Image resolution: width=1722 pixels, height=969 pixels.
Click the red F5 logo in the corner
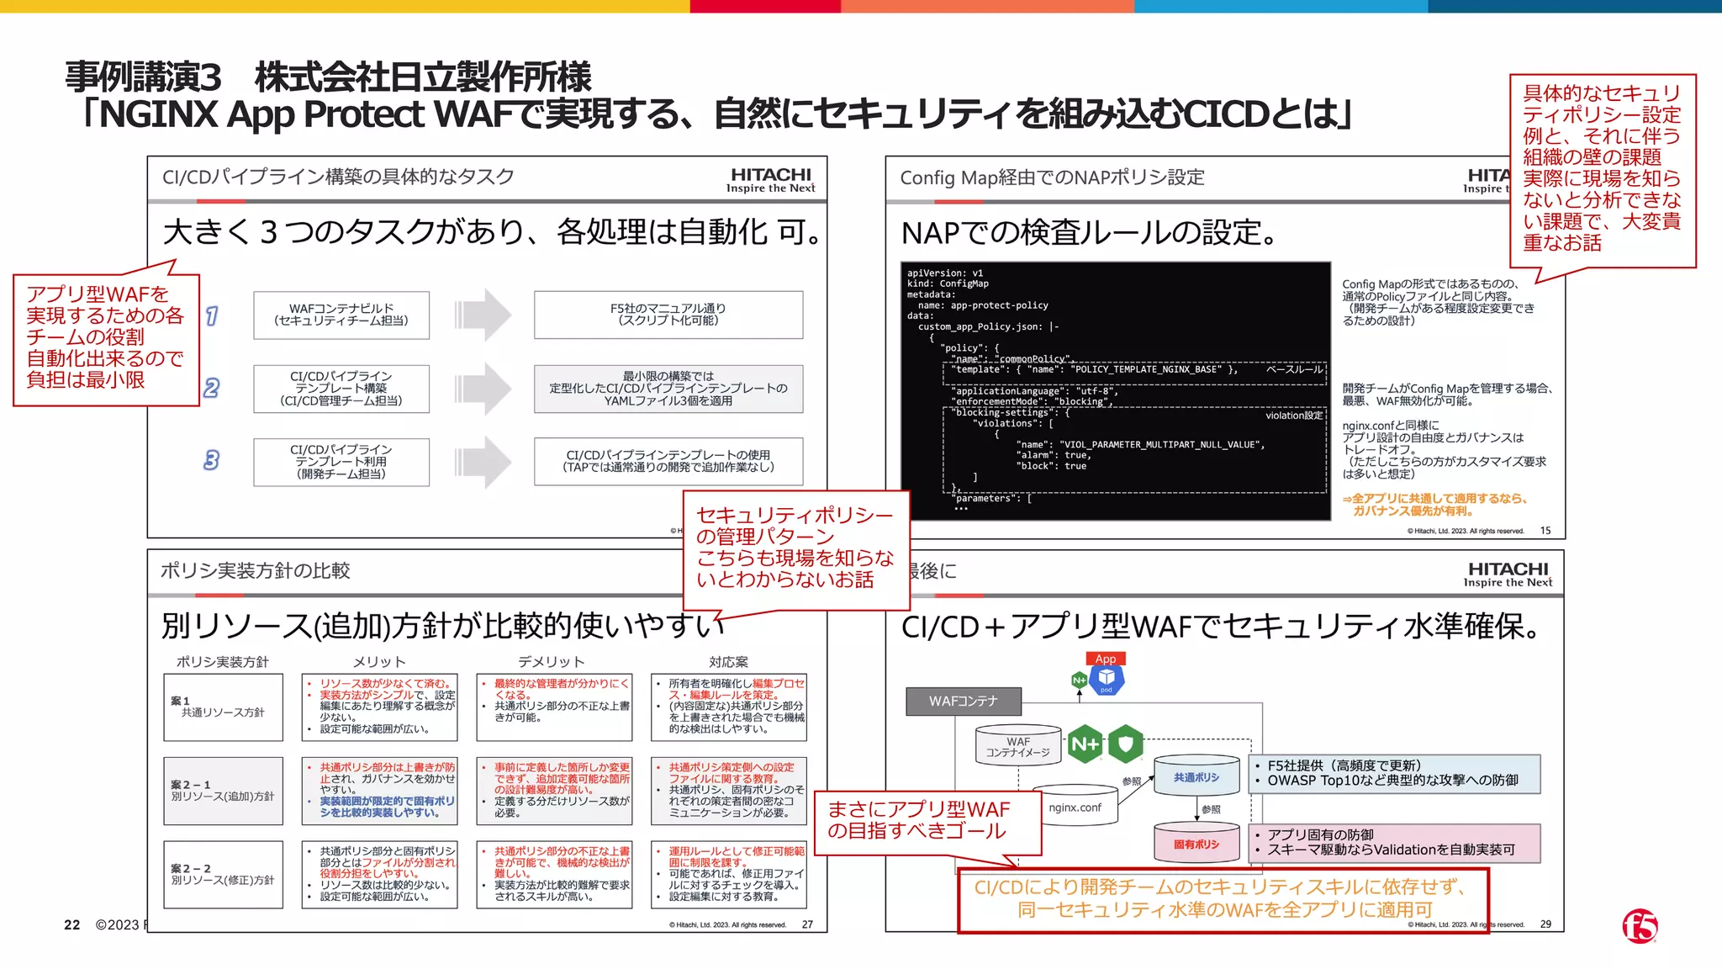point(1640,926)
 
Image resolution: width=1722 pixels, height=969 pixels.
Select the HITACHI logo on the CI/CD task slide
point(770,179)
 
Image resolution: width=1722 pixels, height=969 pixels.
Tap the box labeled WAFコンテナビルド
point(341,315)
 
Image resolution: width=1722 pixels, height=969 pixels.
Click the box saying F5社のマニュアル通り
point(668,315)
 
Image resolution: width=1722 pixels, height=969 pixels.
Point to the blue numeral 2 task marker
point(211,388)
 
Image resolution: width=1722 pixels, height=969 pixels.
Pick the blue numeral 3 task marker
point(211,460)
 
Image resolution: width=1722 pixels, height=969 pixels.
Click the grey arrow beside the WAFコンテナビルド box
point(483,315)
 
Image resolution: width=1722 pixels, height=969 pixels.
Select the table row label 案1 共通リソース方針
point(223,707)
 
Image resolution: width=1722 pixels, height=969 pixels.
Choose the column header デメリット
point(551,662)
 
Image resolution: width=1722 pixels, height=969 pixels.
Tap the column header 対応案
point(728,662)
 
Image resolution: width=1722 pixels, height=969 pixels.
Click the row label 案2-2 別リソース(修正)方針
point(223,875)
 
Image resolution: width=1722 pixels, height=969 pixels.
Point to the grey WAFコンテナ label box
point(964,701)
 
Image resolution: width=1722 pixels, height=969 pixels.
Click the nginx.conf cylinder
point(1075,807)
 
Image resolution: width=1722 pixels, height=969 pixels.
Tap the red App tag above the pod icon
point(1106,659)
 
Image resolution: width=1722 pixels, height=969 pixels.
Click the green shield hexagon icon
point(1126,744)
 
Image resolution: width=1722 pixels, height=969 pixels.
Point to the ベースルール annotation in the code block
point(1294,369)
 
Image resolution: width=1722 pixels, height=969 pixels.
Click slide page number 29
point(1545,924)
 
